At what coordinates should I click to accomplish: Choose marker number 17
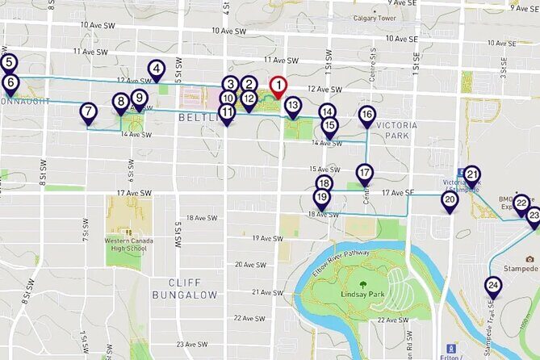tap(365, 174)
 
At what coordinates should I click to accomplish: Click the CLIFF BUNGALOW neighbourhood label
tap(194, 283)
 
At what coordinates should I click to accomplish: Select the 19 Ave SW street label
tap(268, 238)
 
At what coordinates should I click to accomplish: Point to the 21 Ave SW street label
tap(267, 291)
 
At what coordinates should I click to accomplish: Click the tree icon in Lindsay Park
tap(362, 283)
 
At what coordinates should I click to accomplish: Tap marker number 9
tap(140, 98)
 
